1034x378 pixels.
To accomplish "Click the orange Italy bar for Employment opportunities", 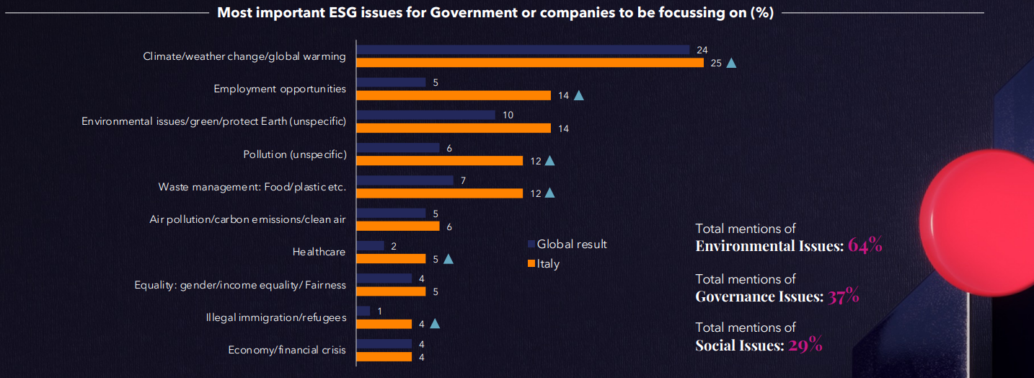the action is click(x=454, y=95).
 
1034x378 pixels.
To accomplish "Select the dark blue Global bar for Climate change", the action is click(x=523, y=50).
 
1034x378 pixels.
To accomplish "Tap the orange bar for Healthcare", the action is click(x=391, y=259).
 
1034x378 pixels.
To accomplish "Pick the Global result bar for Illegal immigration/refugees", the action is click(x=363, y=311).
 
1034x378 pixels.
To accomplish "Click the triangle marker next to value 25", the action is click(x=731, y=63).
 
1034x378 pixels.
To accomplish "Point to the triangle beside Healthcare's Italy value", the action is click(x=448, y=259).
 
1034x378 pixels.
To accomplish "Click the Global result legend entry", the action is click(x=567, y=244).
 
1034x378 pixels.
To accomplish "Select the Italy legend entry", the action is click(x=544, y=264).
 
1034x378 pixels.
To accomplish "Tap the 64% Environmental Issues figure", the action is click(x=865, y=245).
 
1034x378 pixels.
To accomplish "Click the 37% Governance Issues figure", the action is click(x=844, y=295).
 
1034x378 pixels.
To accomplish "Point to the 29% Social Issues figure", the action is click(x=805, y=344).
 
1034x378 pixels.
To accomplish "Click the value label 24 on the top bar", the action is click(x=702, y=50).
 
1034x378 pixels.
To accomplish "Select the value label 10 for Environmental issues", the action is click(x=508, y=115).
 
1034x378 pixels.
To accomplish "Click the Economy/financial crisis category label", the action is click(x=287, y=350).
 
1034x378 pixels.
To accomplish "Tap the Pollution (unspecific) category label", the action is click(x=294, y=154).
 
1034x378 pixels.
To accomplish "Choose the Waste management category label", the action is click(x=252, y=187).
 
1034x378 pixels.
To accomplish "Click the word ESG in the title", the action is click(x=343, y=12).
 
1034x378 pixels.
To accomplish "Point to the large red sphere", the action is click(x=977, y=223).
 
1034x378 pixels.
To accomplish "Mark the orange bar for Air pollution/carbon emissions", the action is click(x=398, y=227).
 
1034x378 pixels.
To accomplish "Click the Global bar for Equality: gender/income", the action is click(x=384, y=278).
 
